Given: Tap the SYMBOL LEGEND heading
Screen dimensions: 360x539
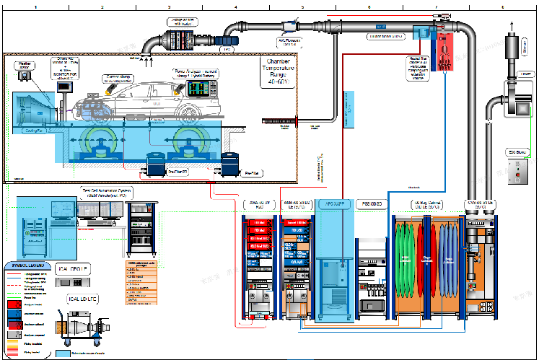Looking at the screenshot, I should (x=25, y=265).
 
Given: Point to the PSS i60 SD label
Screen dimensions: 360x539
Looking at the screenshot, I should (x=372, y=204).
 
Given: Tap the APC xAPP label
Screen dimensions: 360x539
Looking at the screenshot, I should (x=336, y=204).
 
